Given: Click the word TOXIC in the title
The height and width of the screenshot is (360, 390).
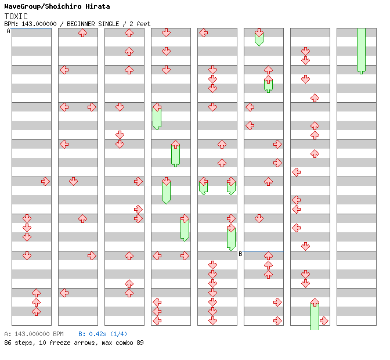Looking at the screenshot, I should [16, 16].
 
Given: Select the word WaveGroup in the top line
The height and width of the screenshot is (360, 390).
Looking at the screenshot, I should [24, 6].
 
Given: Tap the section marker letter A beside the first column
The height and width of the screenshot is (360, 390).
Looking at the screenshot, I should [8, 31].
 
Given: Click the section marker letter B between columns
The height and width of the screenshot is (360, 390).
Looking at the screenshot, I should [240, 254].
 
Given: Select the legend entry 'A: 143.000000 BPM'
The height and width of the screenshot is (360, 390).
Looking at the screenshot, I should [34, 334].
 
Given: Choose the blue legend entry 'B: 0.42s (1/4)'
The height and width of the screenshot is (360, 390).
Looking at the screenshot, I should [103, 334].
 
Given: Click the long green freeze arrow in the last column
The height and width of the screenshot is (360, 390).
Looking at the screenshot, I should [361, 51].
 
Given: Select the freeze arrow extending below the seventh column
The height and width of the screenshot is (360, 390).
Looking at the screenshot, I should [315, 315].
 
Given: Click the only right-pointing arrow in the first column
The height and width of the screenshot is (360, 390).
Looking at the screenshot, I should [45, 182].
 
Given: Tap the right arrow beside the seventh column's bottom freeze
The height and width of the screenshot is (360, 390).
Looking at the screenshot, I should [324, 321].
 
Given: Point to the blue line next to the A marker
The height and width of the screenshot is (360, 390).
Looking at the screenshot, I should [31, 28].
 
